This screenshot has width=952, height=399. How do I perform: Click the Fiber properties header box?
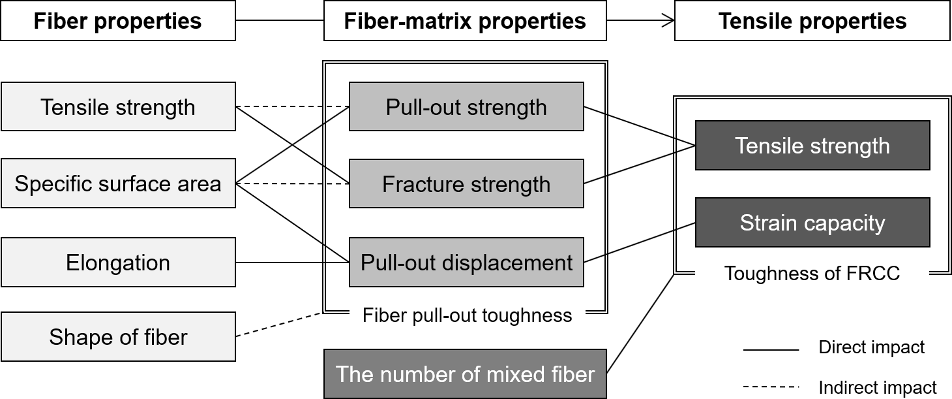pos(118,21)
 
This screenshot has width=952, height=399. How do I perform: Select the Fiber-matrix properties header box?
pos(465,21)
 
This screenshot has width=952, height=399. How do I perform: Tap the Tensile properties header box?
pos(812,21)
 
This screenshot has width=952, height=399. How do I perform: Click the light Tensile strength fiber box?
pos(118,106)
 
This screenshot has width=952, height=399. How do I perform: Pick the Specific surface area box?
pos(118,184)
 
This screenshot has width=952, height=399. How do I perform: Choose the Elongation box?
pos(118,263)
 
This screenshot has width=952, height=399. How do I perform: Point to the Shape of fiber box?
pos(118,337)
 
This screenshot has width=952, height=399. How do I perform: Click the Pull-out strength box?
pos(466,106)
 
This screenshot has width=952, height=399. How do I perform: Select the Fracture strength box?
pos(466,184)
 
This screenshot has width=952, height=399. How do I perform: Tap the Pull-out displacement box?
pos(466,263)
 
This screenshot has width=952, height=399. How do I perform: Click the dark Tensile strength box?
pos(812,146)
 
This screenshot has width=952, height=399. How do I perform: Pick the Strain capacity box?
pos(812,223)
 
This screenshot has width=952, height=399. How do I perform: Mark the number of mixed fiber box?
pos(465,374)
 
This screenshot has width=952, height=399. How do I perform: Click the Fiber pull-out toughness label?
pos(467,316)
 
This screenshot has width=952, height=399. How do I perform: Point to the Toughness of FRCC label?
pos(812,273)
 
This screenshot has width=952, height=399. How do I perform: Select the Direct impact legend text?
pos(871,347)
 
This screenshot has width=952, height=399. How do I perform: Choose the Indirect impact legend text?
pos(878,387)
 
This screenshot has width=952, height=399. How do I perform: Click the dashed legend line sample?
pos(771,387)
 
